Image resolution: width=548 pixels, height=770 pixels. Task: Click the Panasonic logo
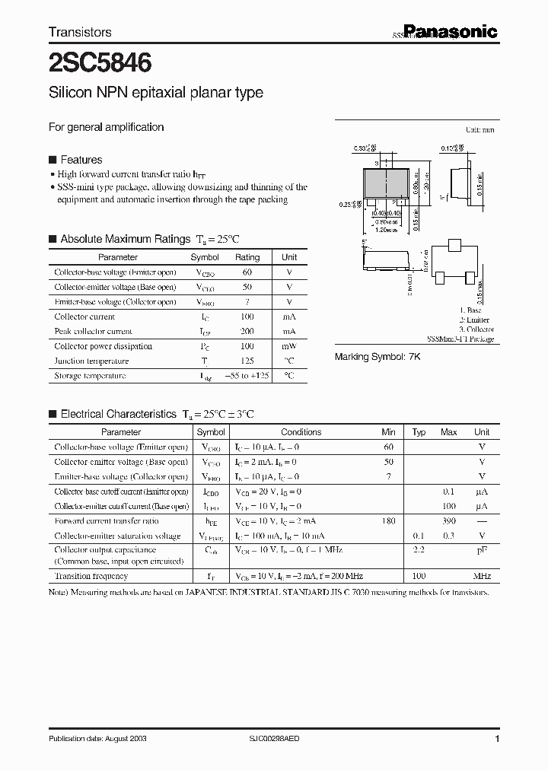[x=450, y=31]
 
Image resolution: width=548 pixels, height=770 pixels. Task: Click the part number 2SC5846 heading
[x=99, y=62]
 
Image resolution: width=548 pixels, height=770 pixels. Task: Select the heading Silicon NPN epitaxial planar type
[x=156, y=93]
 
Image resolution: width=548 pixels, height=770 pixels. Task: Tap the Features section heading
[x=81, y=160]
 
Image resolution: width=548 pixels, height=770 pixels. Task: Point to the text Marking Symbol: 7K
[x=378, y=356]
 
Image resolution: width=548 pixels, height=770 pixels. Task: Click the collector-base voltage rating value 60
[x=247, y=272]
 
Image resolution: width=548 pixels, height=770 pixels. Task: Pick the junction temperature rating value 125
[x=247, y=361]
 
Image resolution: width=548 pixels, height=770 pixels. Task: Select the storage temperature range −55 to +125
[x=247, y=376]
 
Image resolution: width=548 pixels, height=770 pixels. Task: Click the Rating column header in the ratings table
[x=247, y=258]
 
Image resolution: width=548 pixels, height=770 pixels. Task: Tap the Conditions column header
[x=301, y=432]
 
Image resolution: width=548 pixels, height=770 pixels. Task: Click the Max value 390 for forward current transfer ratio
[x=448, y=521]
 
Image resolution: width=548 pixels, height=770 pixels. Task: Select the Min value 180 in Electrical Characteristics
[x=388, y=521]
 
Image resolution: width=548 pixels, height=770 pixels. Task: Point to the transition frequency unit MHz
[x=482, y=576]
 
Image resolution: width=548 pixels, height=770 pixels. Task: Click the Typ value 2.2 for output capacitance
[x=419, y=549]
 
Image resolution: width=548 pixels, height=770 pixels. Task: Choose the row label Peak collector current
[x=93, y=332]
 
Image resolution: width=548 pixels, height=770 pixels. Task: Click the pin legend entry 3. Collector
[x=478, y=329]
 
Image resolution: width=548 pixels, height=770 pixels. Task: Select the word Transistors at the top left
[x=80, y=32]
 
